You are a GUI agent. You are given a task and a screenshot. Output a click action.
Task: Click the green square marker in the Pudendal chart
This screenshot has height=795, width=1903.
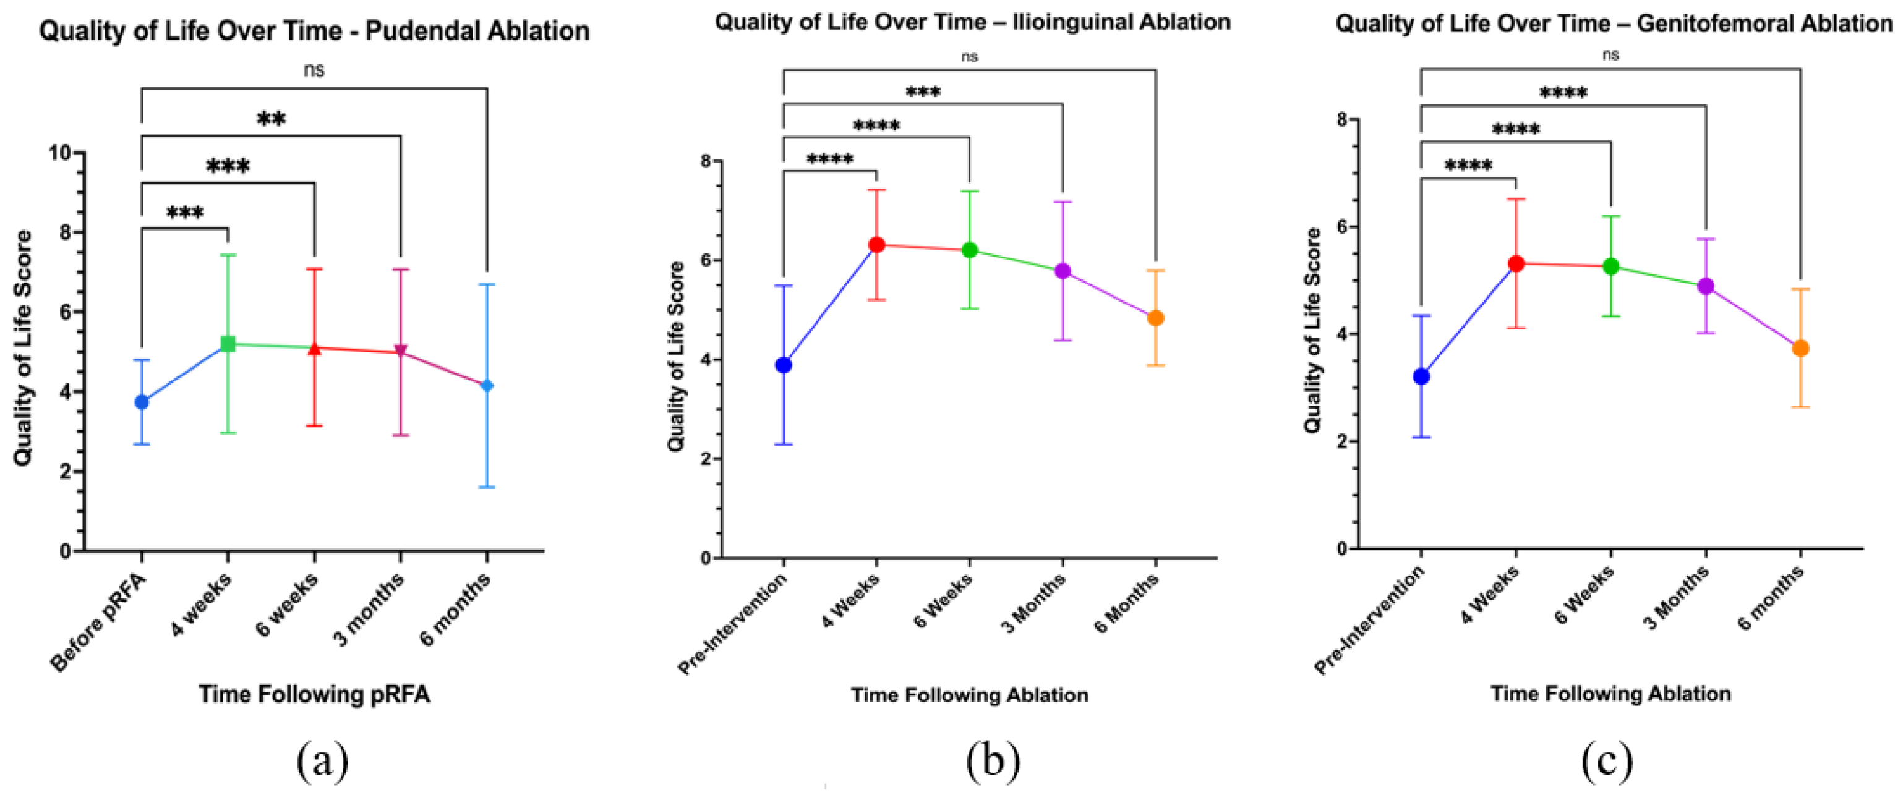228,344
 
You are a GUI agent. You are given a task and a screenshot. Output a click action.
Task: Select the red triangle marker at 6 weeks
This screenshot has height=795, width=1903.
314,347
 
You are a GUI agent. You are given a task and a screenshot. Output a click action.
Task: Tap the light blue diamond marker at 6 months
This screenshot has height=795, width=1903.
486,386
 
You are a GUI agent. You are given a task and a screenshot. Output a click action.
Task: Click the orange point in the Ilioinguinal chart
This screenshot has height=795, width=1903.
1155,318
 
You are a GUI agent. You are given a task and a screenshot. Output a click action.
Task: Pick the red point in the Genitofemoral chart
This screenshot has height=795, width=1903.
1516,263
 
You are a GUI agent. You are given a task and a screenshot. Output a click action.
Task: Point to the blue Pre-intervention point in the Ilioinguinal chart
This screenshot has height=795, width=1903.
784,365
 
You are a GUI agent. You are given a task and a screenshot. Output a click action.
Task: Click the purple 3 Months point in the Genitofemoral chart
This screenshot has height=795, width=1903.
1706,286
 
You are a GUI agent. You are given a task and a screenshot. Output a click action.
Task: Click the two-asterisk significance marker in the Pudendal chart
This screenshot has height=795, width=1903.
271,119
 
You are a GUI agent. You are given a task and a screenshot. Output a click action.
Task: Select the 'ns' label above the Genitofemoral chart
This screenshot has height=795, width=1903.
1611,54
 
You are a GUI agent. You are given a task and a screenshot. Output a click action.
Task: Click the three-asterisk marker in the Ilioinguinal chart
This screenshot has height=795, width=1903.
923,92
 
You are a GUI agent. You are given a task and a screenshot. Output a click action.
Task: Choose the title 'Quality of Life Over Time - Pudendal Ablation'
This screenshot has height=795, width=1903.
314,31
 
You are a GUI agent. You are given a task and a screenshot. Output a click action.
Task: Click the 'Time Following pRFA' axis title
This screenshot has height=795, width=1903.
314,695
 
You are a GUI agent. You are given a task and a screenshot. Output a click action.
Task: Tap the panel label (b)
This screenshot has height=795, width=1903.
993,761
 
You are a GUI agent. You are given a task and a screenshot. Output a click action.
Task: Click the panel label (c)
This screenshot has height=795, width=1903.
1607,761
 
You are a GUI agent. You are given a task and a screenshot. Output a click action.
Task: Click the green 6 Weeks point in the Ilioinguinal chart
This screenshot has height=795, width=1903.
969,250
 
